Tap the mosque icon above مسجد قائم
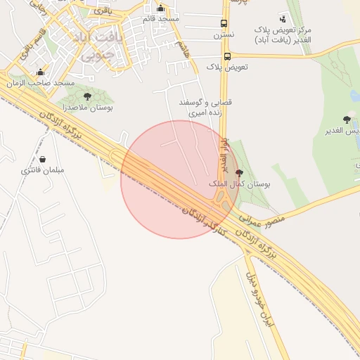(x=161, y=8)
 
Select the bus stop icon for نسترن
(x=224, y=23)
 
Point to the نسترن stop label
(x=224, y=33)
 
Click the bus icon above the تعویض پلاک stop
(x=227, y=56)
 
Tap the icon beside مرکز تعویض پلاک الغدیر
(x=283, y=18)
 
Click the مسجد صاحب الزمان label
(x=41, y=83)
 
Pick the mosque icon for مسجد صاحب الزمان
(x=40, y=72)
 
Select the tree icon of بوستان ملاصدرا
(x=87, y=96)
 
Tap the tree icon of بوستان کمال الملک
(x=239, y=173)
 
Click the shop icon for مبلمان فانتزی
(x=44, y=159)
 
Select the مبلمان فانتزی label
(x=43, y=169)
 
